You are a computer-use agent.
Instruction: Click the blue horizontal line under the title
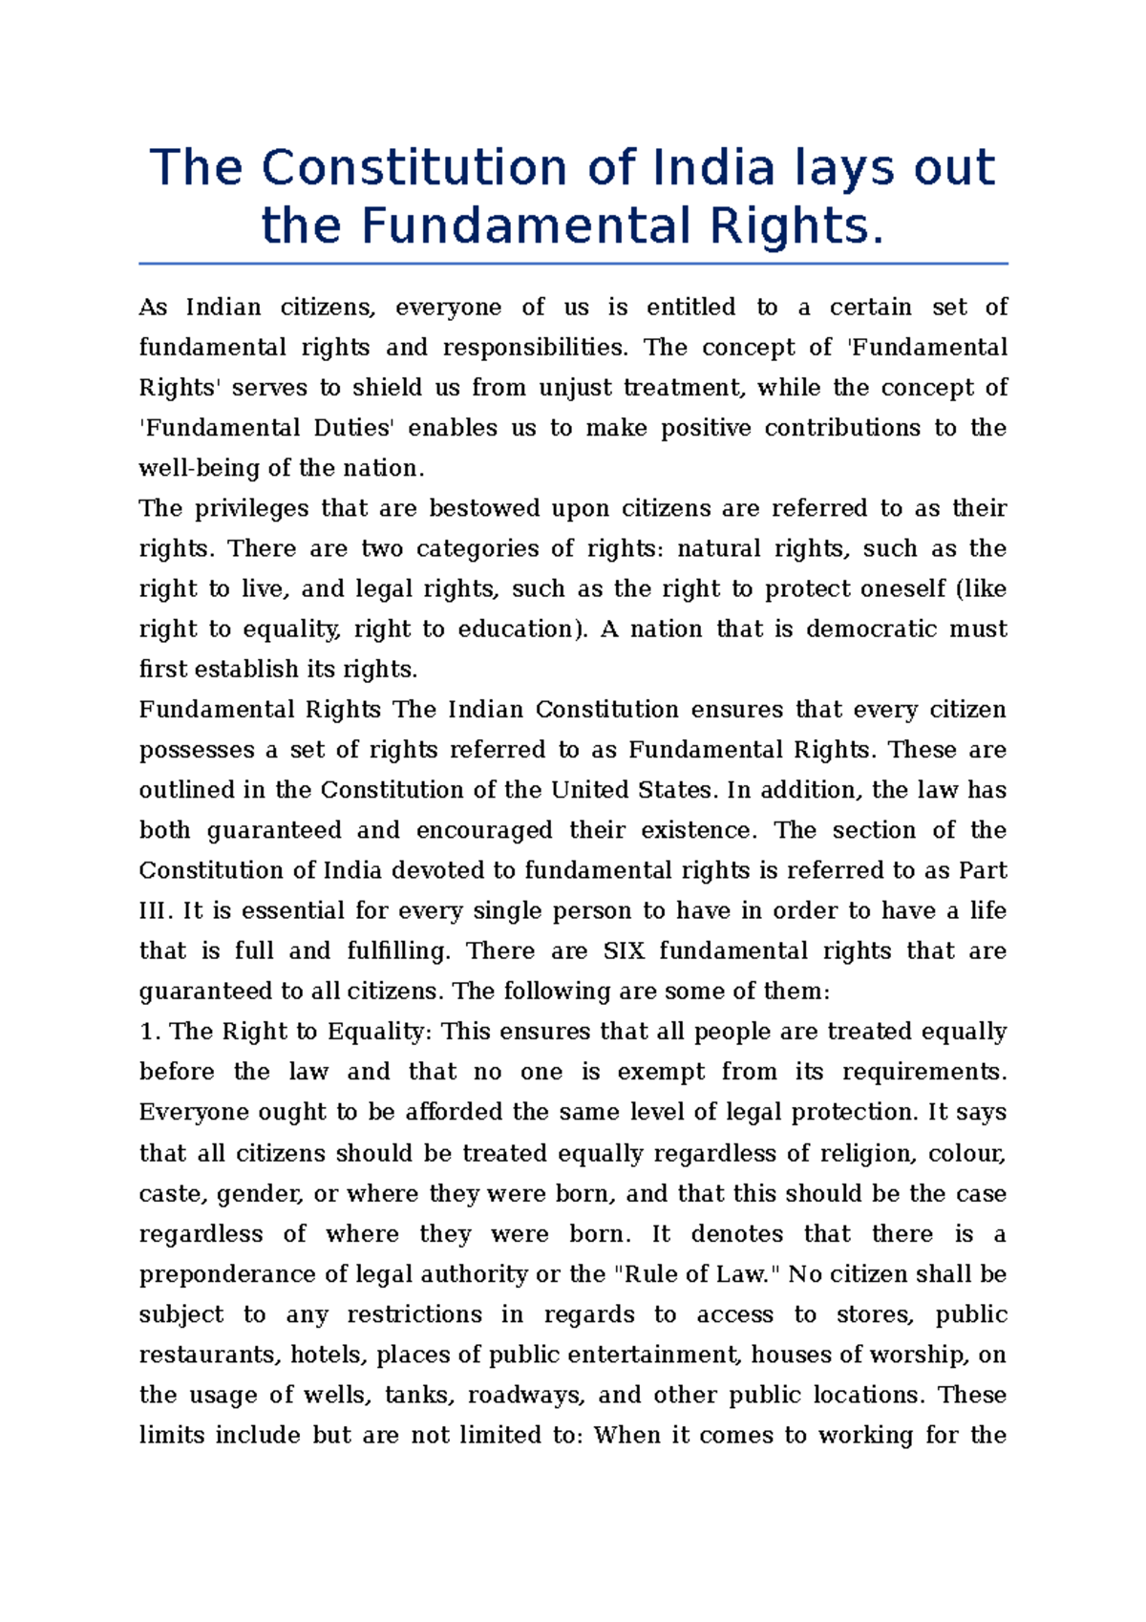[573, 264]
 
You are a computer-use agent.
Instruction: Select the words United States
[631, 791]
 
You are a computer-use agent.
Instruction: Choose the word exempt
[660, 1072]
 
